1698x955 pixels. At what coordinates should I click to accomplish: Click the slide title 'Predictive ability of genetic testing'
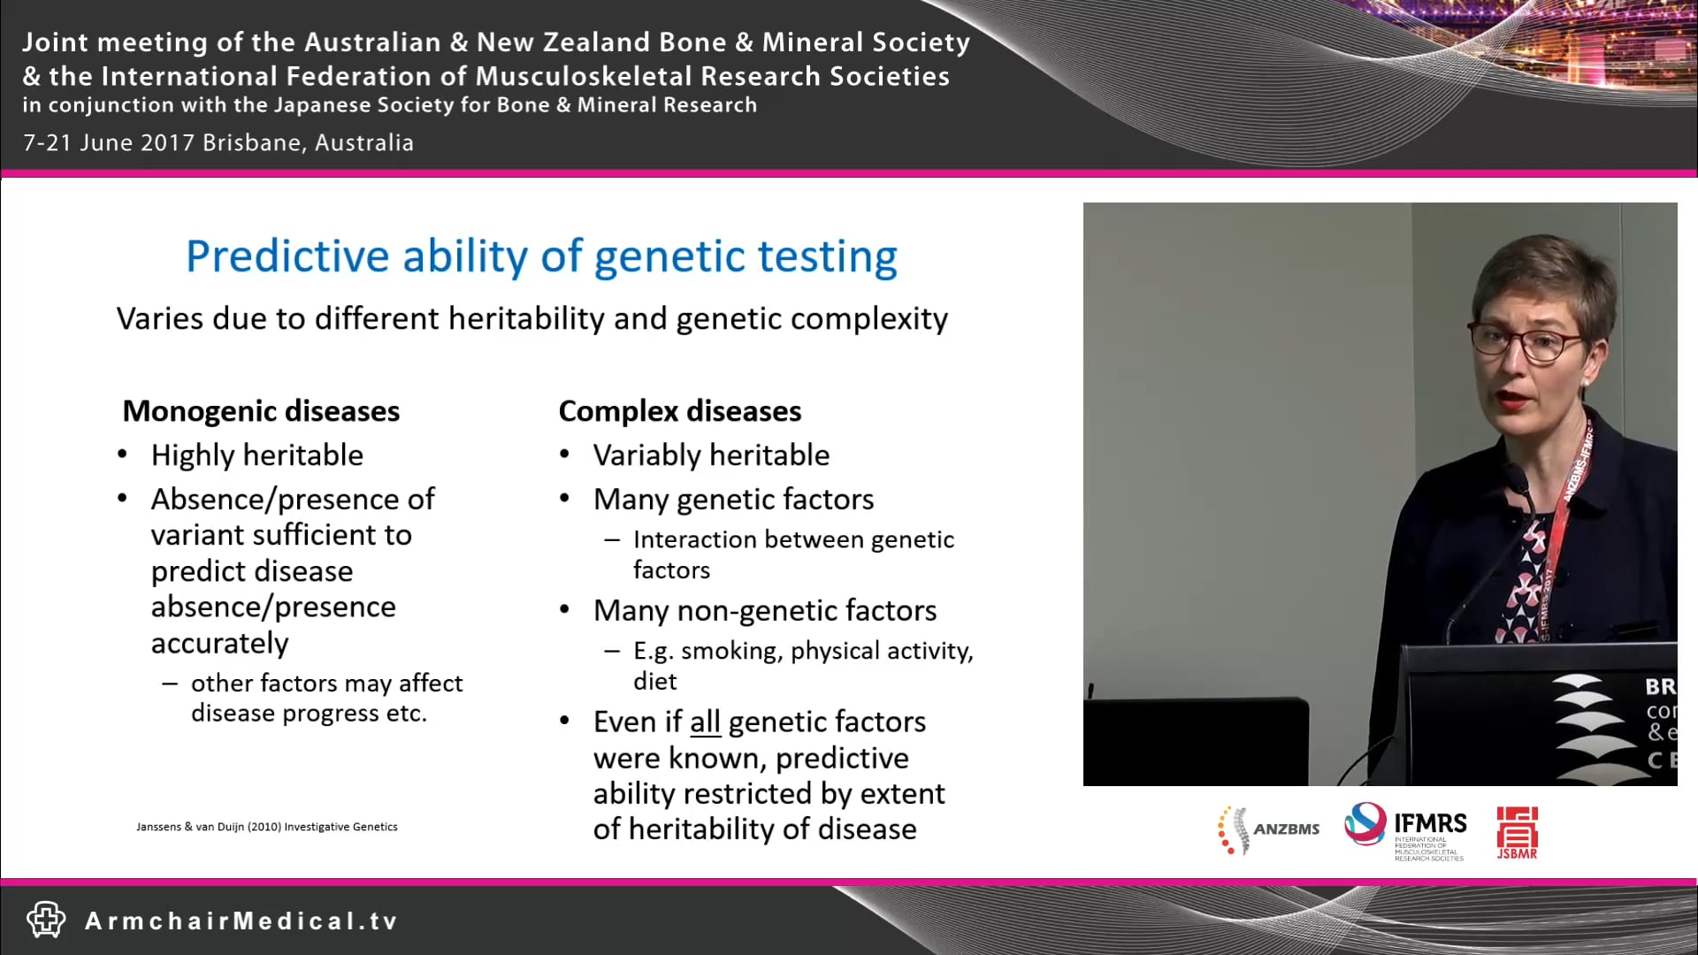coord(541,257)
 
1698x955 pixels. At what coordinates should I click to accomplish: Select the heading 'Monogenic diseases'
coord(261,411)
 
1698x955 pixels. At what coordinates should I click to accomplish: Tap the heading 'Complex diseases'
coord(679,411)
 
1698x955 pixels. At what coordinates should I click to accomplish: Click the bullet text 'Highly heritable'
coord(256,455)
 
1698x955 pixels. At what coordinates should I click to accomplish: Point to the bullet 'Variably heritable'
coord(711,455)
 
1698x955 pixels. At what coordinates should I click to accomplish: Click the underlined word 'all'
coord(705,722)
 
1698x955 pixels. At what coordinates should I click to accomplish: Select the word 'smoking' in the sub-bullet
coord(731,652)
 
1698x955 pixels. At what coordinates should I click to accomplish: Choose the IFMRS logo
coord(1405,829)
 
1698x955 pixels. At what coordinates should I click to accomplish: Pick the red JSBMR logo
coord(1517,831)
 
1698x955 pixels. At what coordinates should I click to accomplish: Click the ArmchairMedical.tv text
coord(241,921)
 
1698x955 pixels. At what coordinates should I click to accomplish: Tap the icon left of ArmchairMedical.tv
coord(46,920)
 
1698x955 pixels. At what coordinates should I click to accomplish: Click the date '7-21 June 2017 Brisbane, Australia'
coord(218,143)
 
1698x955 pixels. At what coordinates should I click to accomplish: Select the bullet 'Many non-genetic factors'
coord(764,611)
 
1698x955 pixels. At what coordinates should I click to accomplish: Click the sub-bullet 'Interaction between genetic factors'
coord(792,554)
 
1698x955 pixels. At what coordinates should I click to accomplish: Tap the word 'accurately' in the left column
coord(219,644)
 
